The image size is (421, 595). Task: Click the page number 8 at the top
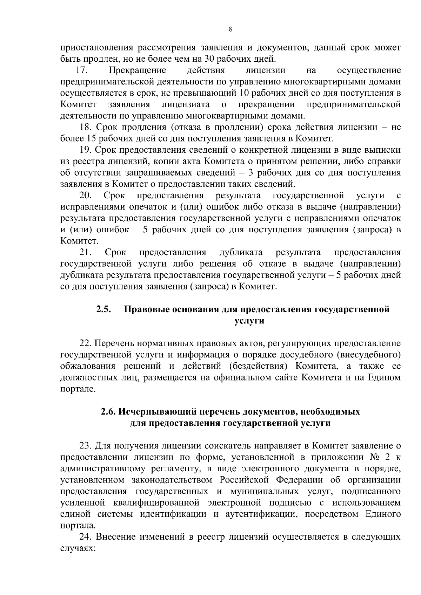(230, 30)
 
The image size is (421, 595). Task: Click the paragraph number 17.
(81, 70)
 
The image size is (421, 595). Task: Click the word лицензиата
(186, 104)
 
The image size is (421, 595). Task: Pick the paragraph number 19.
(86, 150)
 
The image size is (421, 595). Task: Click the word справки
(385, 162)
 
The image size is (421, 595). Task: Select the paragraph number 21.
(86, 252)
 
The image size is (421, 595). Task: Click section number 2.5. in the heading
(104, 309)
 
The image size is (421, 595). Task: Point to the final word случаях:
(78, 548)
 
